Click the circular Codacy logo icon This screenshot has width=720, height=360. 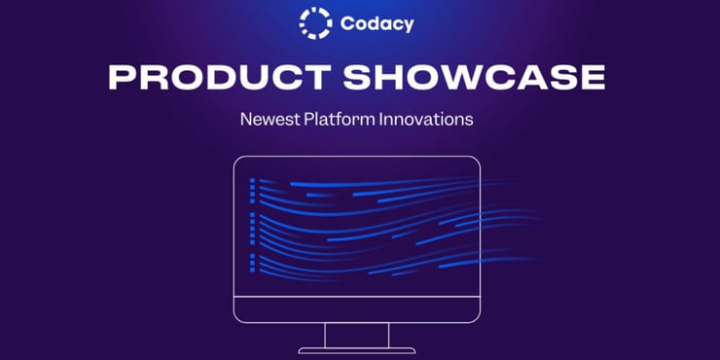315,22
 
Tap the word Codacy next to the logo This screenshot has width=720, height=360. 377,23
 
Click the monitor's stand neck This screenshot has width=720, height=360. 358,335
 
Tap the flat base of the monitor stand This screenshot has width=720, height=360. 358,350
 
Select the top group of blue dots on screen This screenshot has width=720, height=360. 252,189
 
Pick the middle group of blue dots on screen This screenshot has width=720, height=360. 252,227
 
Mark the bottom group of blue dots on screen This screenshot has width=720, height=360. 252,263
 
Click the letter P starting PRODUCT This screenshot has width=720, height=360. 119,78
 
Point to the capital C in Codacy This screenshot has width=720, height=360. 347,23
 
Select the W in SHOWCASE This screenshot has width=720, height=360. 462,78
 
